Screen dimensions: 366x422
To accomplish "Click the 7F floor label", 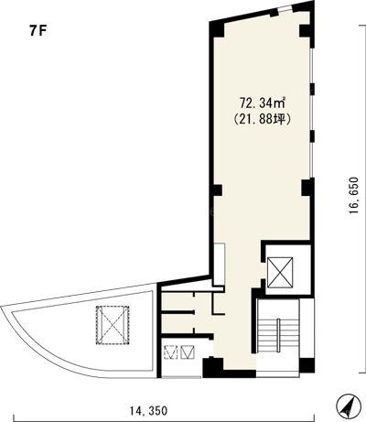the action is pyautogui.click(x=38, y=31).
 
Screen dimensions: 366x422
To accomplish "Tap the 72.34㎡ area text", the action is pyautogui.click(x=263, y=103).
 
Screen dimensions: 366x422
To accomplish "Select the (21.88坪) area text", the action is pyautogui.click(x=262, y=119).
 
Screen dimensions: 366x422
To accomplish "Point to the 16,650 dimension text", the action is pyautogui.click(x=354, y=195).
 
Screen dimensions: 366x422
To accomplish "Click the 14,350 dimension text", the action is pyautogui.click(x=148, y=411).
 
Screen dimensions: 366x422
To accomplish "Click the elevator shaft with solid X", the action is pyautogui.click(x=280, y=273).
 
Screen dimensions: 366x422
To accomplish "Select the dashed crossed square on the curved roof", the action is pyautogui.click(x=113, y=325).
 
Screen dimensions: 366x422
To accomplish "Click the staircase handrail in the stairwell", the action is pyautogui.click(x=278, y=335).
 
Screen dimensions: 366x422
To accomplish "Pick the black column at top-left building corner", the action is pyautogui.click(x=217, y=29).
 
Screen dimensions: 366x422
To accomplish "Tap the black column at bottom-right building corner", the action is pyautogui.click(x=307, y=365).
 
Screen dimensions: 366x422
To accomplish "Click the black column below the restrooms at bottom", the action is pyautogui.click(x=213, y=367).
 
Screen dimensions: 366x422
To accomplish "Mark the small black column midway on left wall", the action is pyautogui.click(x=217, y=190).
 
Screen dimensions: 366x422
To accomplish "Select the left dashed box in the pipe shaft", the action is pyautogui.click(x=170, y=352).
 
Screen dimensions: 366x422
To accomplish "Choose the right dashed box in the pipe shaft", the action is pyautogui.click(x=187, y=352).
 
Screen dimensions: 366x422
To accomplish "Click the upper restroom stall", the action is pyautogui.click(x=178, y=301).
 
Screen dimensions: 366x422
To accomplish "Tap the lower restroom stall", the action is pyautogui.click(x=178, y=323).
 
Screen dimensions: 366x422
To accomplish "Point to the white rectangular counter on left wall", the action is pyautogui.click(x=219, y=265).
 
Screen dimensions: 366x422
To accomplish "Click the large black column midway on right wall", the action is pyautogui.click(x=307, y=188).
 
